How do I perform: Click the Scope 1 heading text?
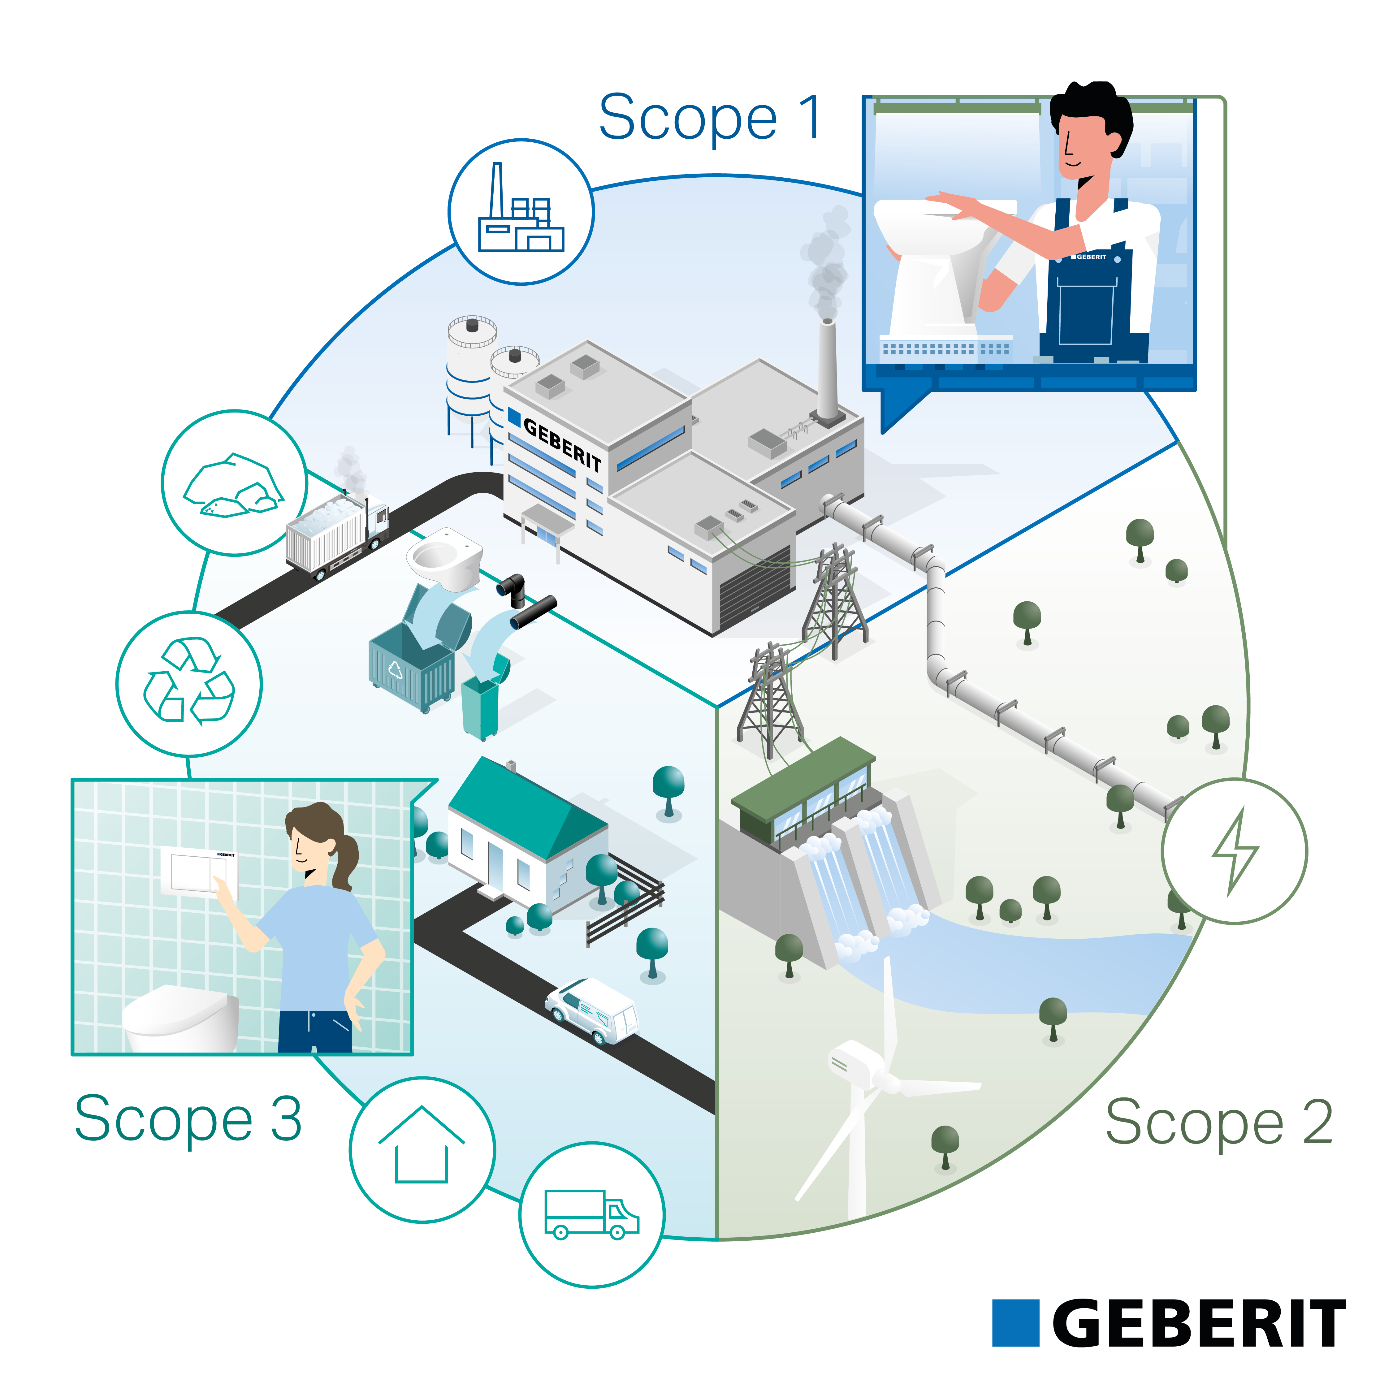point(710,118)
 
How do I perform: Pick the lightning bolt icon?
point(1234,851)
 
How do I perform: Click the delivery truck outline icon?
point(591,1215)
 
